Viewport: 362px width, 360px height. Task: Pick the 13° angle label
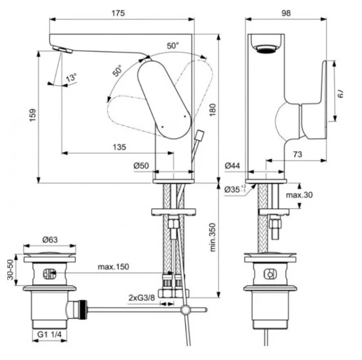point(71,78)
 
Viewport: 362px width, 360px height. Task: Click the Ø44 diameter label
point(233,166)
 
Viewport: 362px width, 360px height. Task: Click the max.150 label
point(113,266)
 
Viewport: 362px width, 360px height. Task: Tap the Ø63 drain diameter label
point(49,240)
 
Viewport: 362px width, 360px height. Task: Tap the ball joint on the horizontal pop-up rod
point(187,310)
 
